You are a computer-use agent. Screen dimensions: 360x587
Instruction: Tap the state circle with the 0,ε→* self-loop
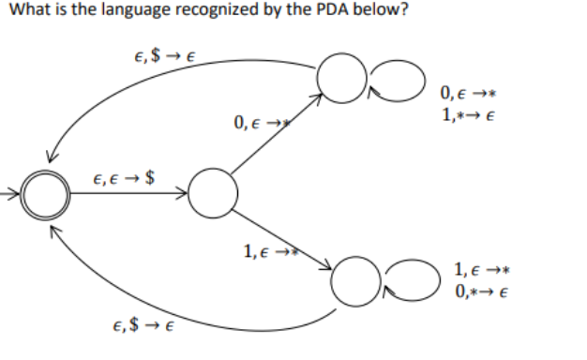339,75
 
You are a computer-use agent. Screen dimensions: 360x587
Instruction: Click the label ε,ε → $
125,177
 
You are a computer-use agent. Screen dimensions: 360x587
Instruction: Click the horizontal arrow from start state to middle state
127,196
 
